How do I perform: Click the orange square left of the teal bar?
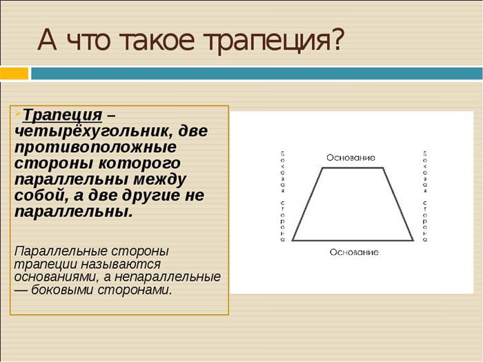14,74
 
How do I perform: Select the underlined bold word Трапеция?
62,115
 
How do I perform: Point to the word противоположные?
95,147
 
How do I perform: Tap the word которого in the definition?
139,163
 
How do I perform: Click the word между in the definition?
159,180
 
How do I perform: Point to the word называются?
121,264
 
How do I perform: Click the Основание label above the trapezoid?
351,158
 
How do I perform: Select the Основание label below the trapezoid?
354,252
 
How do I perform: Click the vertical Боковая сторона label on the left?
282,196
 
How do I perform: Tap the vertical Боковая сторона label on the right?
425,196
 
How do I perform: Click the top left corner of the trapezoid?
322,168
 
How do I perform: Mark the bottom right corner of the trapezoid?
413,241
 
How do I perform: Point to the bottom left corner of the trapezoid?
292,241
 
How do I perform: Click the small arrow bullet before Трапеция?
19,112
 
